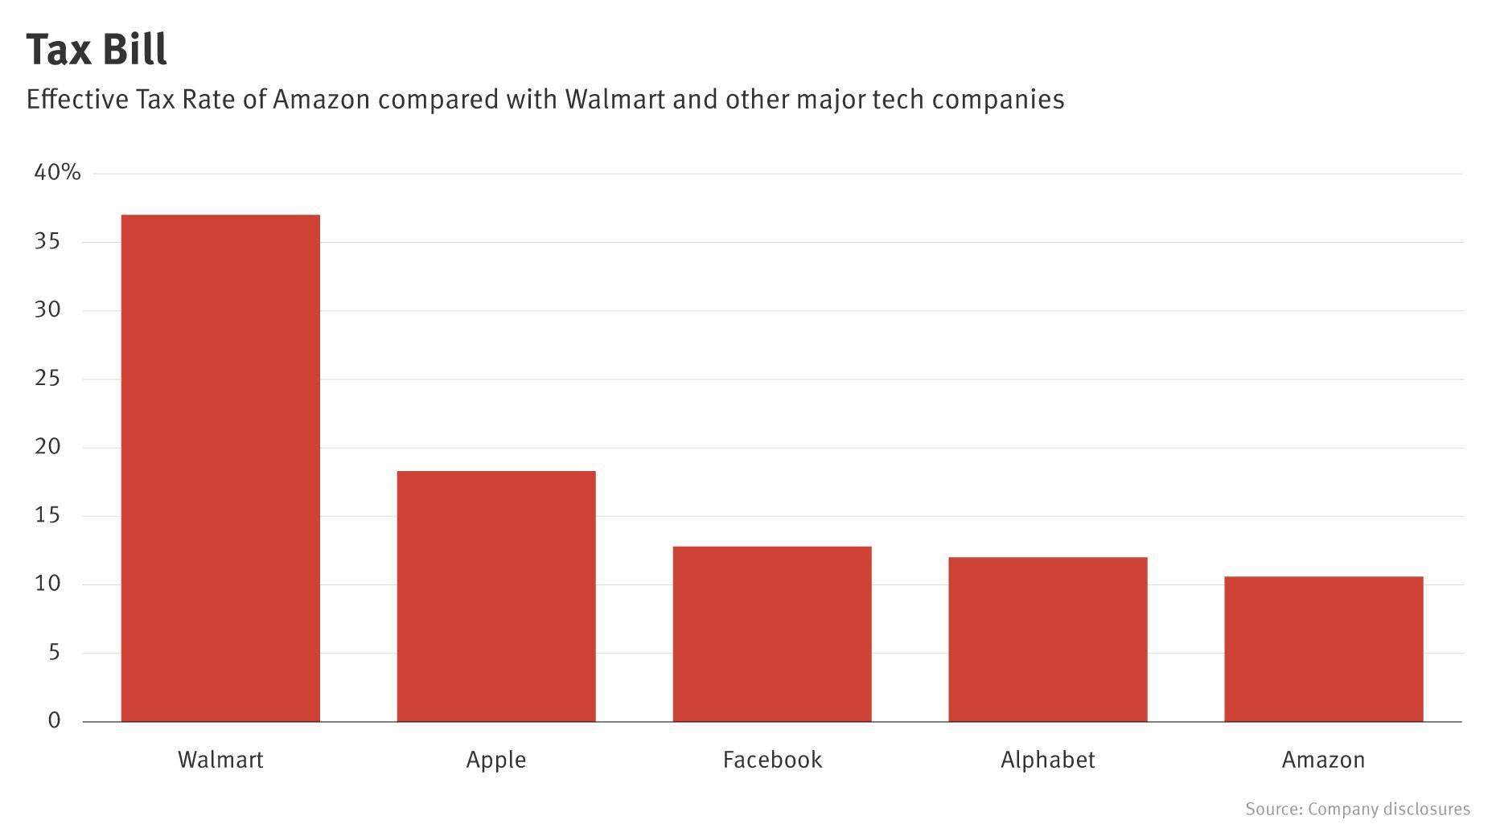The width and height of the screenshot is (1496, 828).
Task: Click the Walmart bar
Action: [x=220, y=468]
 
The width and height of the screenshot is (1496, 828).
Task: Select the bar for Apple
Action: [x=496, y=596]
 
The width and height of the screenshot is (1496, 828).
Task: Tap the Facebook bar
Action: [x=772, y=633]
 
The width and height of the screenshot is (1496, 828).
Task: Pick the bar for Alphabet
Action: [x=1048, y=639]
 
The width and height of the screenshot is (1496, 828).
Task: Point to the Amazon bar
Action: [x=1324, y=649]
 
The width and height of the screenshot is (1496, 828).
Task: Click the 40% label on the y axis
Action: [x=57, y=172]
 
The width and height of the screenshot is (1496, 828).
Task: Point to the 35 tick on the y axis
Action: [x=48, y=241]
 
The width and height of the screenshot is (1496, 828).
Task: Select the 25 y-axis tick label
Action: [x=48, y=378]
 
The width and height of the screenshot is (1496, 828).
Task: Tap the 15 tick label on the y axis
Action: [x=48, y=515]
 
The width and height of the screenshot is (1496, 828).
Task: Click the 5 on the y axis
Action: [x=55, y=652]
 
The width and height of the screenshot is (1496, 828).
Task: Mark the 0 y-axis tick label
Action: [x=54, y=720]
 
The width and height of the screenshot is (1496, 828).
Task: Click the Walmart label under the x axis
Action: [x=220, y=760]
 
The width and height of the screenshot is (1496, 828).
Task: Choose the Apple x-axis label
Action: [x=496, y=760]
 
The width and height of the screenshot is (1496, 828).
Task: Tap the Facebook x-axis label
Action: [x=772, y=760]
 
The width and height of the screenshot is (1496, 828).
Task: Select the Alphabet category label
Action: [x=1048, y=760]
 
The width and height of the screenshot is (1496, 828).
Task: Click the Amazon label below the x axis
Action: [x=1324, y=760]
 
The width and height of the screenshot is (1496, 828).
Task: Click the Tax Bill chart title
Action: [x=97, y=49]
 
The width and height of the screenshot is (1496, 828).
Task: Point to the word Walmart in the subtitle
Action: [x=615, y=100]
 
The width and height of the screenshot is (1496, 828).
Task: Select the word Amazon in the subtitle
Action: [x=321, y=100]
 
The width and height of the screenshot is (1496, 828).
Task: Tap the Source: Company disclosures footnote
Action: [x=1358, y=809]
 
